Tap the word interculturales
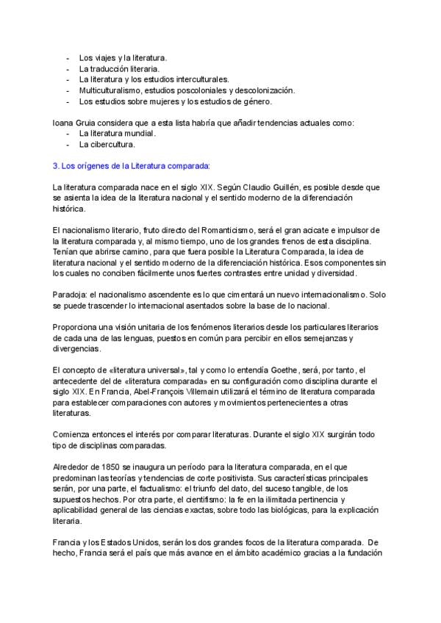click(x=204, y=79)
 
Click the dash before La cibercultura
click(x=68, y=145)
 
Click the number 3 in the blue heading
click(x=56, y=166)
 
